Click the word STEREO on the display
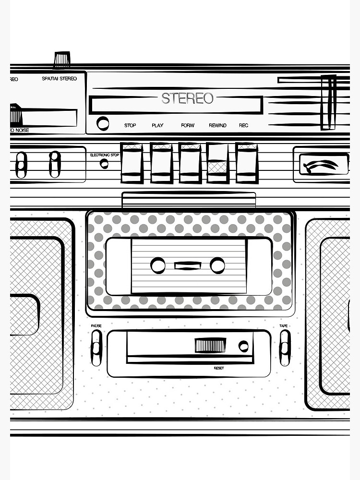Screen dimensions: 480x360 (x=187, y=98)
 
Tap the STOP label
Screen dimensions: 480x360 (x=130, y=126)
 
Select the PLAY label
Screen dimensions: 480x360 (x=157, y=126)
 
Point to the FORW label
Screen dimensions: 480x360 (x=188, y=126)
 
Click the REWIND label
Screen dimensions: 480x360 (x=217, y=126)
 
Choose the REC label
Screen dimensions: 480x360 (x=244, y=126)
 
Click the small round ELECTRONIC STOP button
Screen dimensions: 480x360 (x=104, y=164)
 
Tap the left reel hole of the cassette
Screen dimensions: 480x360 (x=157, y=265)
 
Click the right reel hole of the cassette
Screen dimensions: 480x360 (x=217, y=265)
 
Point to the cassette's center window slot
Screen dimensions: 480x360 (x=188, y=265)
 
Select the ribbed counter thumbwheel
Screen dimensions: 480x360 (x=210, y=345)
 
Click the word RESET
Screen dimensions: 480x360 (x=219, y=368)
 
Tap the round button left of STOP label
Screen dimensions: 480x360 (x=103, y=123)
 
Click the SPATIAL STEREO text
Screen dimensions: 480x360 (x=60, y=79)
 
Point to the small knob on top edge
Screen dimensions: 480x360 (x=62, y=59)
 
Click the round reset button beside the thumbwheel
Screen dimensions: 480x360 (x=244, y=346)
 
